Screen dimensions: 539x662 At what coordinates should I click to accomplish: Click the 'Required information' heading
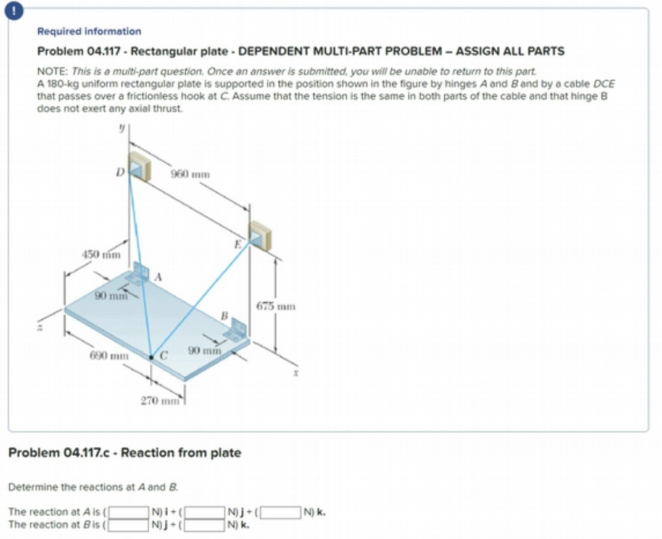[89, 31]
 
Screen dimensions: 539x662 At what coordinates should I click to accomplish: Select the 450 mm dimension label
[101, 254]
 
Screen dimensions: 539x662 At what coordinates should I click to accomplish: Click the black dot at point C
[152, 356]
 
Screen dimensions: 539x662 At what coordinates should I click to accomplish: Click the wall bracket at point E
[259, 235]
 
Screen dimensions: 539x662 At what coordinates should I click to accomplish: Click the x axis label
[296, 373]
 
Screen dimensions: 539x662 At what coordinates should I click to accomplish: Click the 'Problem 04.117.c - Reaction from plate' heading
[124, 453]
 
